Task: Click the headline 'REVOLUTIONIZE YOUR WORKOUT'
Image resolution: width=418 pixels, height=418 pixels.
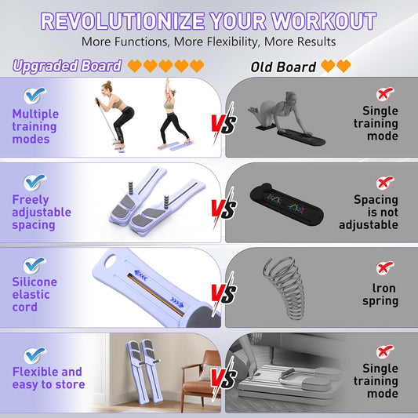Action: click(209, 20)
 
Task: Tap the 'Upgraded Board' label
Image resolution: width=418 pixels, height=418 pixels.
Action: click(67, 67)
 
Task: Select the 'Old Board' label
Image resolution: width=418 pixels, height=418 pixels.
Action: click(283, 67)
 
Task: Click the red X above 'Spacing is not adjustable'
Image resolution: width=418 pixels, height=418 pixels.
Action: click(385, 183)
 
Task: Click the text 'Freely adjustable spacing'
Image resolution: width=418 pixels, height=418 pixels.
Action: click(42, 212)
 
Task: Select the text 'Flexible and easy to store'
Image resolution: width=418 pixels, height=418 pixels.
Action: click(47, 378)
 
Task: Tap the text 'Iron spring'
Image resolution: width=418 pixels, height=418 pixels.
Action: click(381, 295)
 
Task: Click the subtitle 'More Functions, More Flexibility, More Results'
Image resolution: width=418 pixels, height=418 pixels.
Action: click(209, 42)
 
